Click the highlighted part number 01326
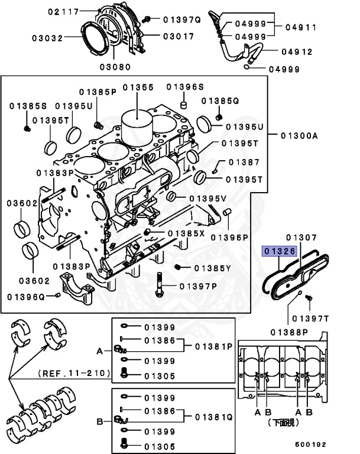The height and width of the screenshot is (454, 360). pos(279,251)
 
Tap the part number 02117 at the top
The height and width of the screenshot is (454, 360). pos(62,12)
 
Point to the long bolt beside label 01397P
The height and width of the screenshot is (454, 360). pos(160,286)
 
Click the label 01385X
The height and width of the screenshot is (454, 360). pos(186,234)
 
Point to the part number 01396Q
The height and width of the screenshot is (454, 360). pos(26,295)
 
